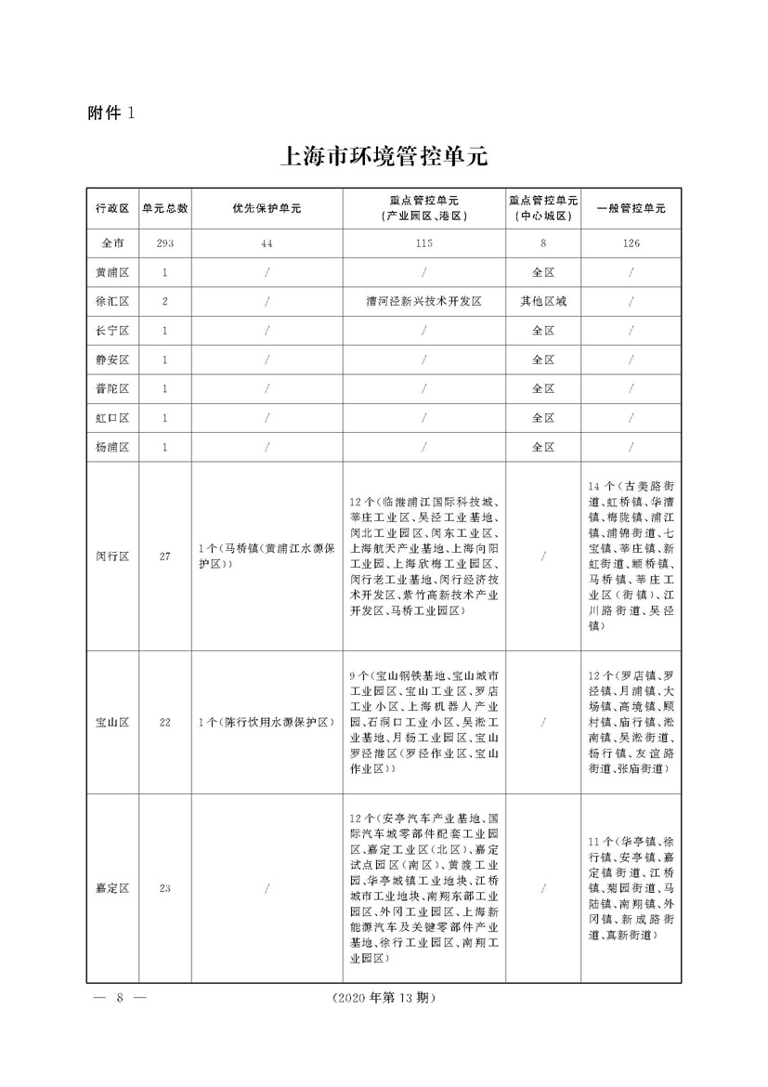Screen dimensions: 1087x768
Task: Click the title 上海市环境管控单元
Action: (x=383, y=154)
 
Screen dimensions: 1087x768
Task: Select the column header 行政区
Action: (x=111, y=209)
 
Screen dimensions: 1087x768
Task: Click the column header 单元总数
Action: (x=165, y=209)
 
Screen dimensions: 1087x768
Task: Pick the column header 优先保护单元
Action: (x=267, y=209)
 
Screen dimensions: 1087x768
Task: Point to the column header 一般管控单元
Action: (x=631, y=209)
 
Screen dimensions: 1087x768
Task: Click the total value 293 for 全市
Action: (x=165, y=243)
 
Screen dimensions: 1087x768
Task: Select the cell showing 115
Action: (x=423, y=243)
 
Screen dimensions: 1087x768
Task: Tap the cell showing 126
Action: (x=631, y=243)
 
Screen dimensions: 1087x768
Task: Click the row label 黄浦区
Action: (x=111, y=273)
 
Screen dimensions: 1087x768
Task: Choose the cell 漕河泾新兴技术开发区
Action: (x=423, y=302)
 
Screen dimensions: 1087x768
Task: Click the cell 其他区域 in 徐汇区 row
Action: (x=543, y=302)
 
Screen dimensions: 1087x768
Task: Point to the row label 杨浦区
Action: (x=111, y=447)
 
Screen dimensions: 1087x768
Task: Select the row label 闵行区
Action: (x=111, y=557)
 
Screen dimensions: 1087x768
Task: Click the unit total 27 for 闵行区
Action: (x=165, y=557)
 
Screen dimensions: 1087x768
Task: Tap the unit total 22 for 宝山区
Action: (x=165, y=722)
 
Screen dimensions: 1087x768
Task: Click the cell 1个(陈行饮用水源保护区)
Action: (x=267, y=722)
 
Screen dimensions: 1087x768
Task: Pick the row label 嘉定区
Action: (x=111, y=888)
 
